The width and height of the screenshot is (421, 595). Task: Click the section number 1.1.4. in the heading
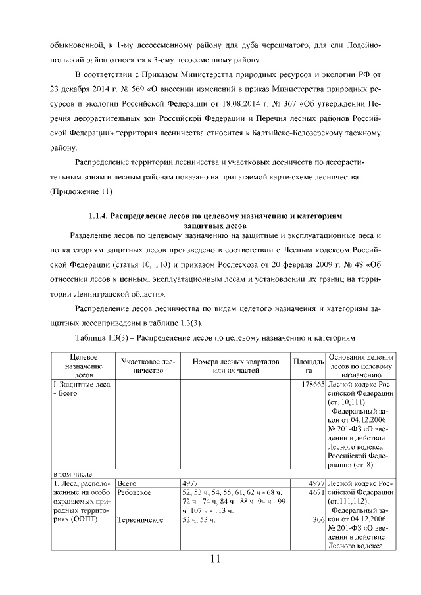click(103, 215)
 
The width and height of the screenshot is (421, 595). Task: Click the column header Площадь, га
click(308, 366)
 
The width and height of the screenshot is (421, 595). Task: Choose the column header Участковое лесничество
click(148, 366)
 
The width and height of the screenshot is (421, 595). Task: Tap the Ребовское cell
click(134, 492)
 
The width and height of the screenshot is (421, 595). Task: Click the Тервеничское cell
click(139, 520)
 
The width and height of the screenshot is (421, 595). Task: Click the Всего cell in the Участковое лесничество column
click(126, 483)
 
